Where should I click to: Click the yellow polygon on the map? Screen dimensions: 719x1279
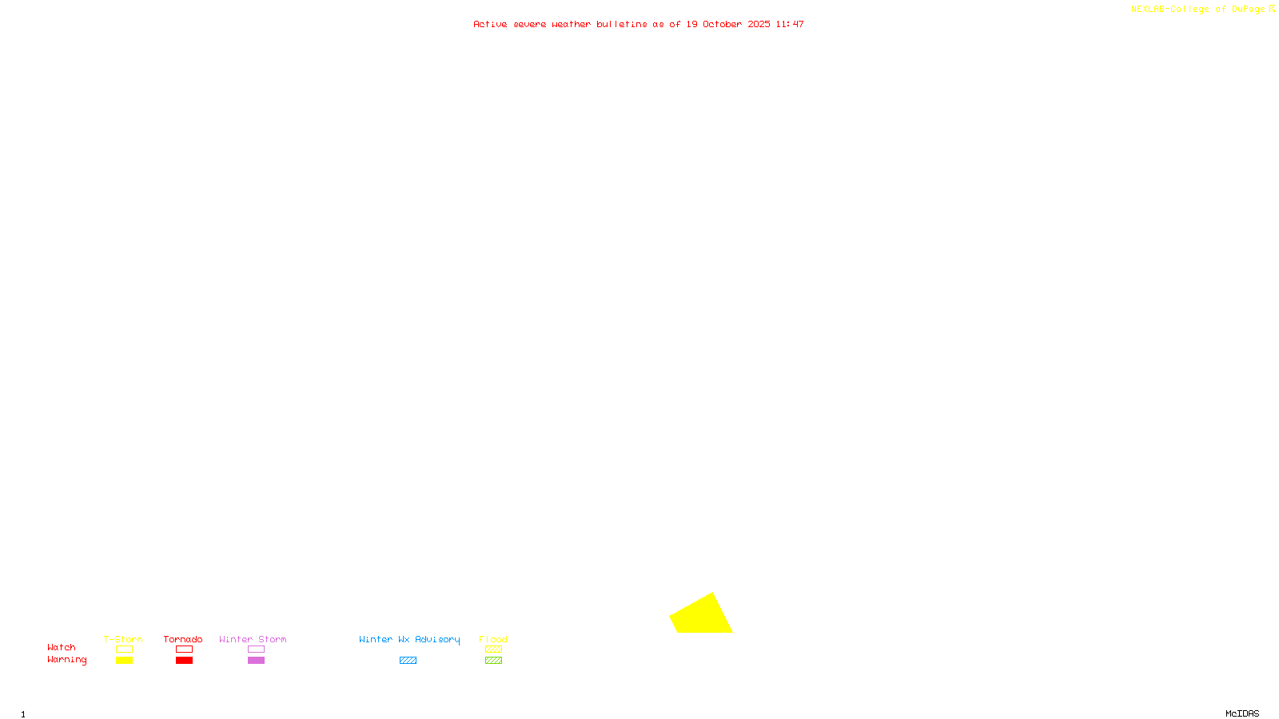[x=701, y=616]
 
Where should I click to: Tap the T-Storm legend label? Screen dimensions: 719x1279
[x=123, y=639]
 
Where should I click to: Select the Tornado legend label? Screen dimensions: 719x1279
[x=183, y=639]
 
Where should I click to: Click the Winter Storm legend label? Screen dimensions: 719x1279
[x=253, y=639]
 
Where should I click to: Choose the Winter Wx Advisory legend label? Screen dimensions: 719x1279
[x=409, y=639]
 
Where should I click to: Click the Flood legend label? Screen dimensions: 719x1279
[x=493, y=639]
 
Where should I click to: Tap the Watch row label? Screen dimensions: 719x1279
[x=62, y=647]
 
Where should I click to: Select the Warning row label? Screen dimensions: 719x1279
[x=67, y=660]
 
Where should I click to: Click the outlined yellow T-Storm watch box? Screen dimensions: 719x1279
[x=124, y=649]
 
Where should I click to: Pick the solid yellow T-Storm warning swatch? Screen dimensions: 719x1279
[x=124, y=661]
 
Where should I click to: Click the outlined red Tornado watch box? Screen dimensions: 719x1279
[x=184, y=649]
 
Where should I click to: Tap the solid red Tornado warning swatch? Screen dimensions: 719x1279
[x=184, y=661]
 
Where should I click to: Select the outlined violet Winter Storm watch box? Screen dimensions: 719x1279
[x=256, y=649]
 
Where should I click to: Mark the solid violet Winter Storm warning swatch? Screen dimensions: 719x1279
[x=256, y=661]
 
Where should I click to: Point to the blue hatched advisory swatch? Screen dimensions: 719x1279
[x=408, y=661]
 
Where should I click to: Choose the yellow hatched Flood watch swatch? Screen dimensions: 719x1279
[x=493, y=649]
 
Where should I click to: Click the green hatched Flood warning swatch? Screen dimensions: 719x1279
[x=493, y=661]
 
